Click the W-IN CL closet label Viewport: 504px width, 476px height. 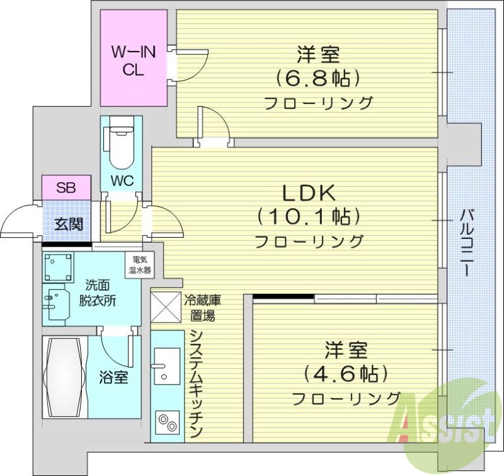(x=133, y=61)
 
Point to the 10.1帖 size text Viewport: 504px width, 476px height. (x=308, y=216)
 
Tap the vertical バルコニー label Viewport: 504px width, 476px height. (x=467, y=242)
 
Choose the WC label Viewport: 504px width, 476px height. (x=122, y=180)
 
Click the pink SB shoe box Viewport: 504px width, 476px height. (x=66, y=187)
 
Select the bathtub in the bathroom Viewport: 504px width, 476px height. (x=64, y=376)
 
